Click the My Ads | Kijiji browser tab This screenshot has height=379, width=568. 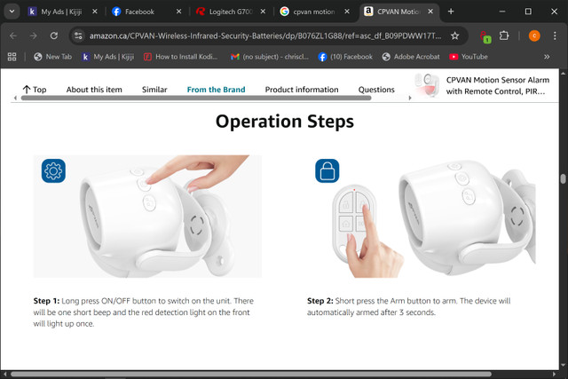coord(61,12)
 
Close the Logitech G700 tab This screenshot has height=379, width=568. coord(263,12)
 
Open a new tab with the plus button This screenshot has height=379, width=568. coord(451,12)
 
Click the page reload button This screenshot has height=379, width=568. coord(54,36)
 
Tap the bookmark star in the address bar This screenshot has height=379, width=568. coord(455,36)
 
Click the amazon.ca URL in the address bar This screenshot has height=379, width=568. coord(265,36)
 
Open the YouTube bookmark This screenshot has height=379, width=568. coord(469,57)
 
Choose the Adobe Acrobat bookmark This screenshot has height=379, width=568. coord(411,57)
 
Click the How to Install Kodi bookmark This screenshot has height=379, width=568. coord(180,57)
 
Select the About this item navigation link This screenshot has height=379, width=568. coord(94,90)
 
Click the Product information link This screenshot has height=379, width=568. coord(302,90)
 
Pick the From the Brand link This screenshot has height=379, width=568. coord(216,90)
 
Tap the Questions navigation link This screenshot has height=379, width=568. coord(376,90)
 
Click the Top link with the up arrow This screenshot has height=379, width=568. coord(35,90)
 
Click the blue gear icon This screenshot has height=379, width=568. coord(53,170)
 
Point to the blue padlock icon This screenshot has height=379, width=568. coord(327,170)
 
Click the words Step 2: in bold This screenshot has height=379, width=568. coord(320,301)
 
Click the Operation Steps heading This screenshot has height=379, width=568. coord(285,122)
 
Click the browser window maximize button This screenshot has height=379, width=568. coord(528,12)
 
